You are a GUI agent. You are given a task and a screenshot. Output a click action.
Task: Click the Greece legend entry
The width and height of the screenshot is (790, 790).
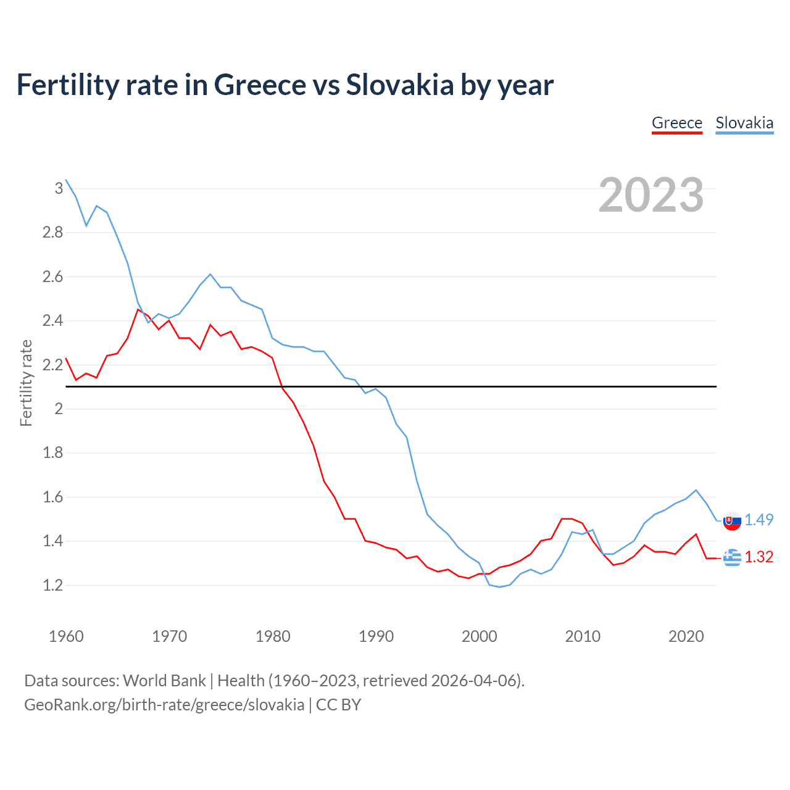coord(677,123)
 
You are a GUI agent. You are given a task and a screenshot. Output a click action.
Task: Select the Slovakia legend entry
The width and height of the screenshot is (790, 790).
coord(744,123)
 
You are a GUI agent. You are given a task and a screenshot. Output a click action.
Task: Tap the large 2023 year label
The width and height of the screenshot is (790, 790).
coord(651,195)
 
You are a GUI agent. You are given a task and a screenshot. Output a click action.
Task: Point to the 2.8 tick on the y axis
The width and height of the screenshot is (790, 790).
coord(53,233)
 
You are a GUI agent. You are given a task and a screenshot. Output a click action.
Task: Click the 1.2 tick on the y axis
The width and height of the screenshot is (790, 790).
coord(53,585)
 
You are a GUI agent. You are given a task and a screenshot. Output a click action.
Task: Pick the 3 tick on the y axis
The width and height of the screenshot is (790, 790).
coord(59,188)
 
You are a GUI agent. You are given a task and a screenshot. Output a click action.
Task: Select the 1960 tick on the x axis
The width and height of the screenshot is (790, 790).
coord(66,636)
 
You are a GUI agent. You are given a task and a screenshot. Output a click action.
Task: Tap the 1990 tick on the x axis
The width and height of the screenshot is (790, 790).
coord(376,636)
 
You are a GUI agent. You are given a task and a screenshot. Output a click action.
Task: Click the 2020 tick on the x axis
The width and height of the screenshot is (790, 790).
coord(686,636)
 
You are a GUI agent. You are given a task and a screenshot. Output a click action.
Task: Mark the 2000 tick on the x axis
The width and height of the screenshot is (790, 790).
coord(479,636)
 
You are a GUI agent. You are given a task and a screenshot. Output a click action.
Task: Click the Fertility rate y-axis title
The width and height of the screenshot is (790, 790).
coord(26,383)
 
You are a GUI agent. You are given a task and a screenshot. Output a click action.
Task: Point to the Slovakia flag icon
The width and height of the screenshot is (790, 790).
coord(732,521)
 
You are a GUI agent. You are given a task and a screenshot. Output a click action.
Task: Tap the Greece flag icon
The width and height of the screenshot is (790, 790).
coord(732,557)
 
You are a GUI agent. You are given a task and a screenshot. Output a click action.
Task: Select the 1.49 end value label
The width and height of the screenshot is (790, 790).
coord(759,520)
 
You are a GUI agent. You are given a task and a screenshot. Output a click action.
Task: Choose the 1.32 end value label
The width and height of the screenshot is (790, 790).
coord(759,557)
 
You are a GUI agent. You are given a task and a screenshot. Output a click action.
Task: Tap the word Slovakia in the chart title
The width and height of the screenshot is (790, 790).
coord(399,85)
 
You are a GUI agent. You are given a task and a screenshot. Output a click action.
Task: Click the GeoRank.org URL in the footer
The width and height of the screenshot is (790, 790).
coord(164,705)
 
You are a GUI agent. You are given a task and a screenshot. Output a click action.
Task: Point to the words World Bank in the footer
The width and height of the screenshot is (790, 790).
coord(164,681)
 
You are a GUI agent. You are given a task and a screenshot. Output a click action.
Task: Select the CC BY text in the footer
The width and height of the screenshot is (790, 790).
coord(338,705)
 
